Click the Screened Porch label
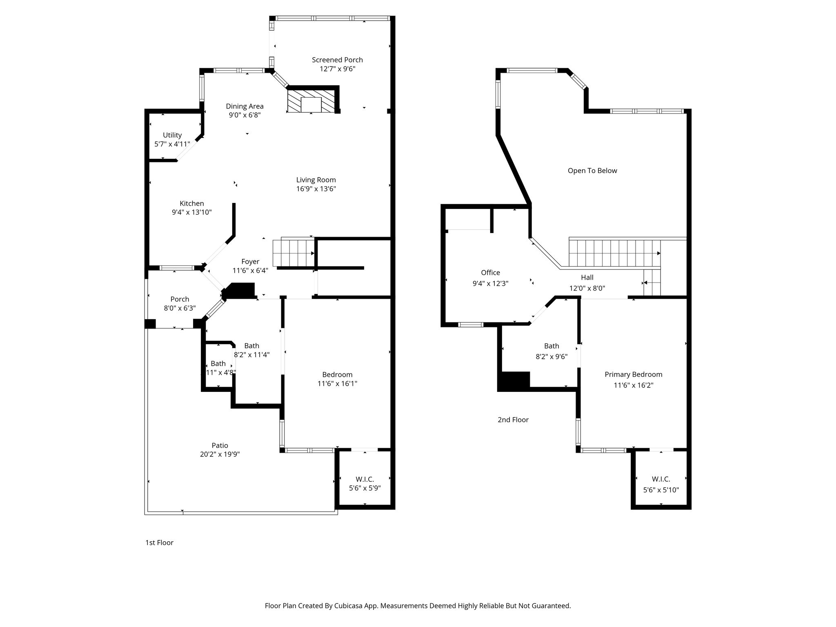337,60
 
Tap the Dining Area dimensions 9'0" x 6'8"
245,115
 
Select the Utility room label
172,135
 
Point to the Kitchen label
192,203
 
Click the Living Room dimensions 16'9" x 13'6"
316,189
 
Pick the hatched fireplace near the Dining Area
311,101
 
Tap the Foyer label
250,262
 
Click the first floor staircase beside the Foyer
294,253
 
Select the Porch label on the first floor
180,299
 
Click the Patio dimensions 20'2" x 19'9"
220,454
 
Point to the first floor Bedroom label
337,375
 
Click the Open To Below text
592,171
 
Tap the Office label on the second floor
490,273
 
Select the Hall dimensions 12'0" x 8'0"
587,288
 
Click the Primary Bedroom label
633,375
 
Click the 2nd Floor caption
513,420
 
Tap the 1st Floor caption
159,543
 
